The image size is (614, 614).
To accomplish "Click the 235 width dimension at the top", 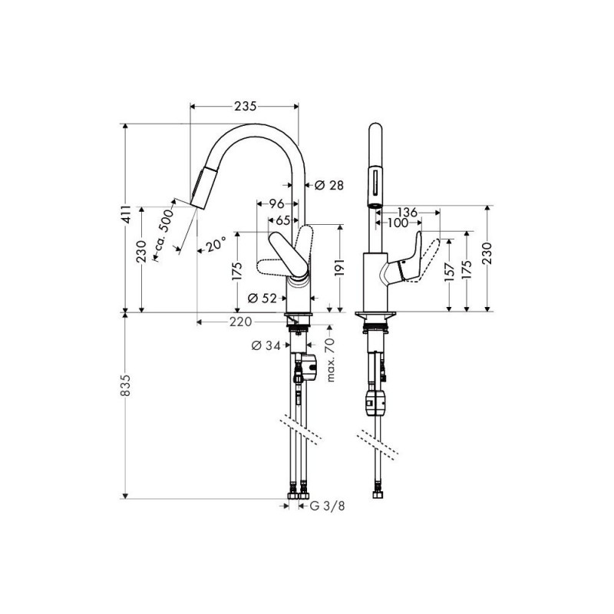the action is point(245,106).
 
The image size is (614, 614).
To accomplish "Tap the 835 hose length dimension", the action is point(125,385).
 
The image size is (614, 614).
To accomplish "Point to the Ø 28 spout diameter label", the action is point(329,185).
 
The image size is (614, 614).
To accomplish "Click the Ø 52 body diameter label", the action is point(262,299).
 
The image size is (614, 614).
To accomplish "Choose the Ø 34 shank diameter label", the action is point(266,345).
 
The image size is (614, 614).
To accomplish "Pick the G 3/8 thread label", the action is point(328,506).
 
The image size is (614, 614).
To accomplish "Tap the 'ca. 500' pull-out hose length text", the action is point(163,229).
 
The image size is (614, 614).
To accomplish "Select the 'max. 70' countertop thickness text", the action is point(331,359).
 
